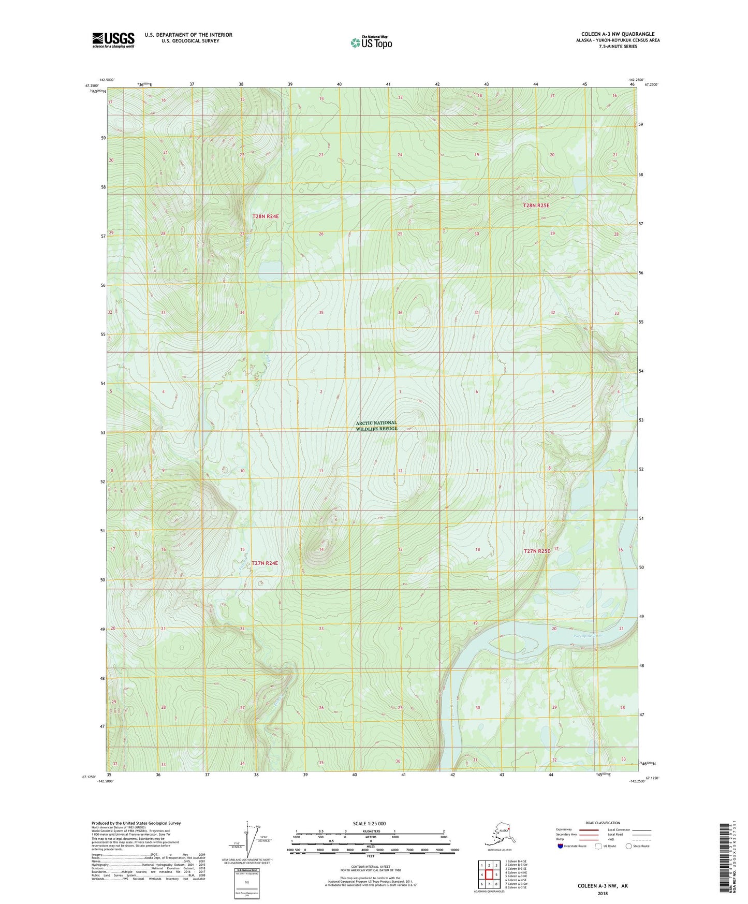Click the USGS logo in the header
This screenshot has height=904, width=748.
tap(113, 40)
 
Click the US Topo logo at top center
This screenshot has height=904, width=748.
tap(371, 42)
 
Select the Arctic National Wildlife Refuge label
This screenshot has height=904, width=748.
tap(376, 426)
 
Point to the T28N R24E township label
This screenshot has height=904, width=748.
tap(266, 216)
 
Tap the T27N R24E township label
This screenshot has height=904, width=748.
tap(265, 563)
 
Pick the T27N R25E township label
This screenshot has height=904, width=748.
tap(536, 551)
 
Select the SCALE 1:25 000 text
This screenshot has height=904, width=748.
tap(370, 823)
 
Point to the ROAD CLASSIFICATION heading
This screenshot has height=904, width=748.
tap(603, 823)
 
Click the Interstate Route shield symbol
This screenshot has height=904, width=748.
tap(561, 846)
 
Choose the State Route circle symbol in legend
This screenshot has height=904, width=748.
tap(629, 846)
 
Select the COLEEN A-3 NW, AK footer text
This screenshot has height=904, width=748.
tap(603, 886)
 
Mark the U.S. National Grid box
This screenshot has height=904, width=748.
tap(246, 884)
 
